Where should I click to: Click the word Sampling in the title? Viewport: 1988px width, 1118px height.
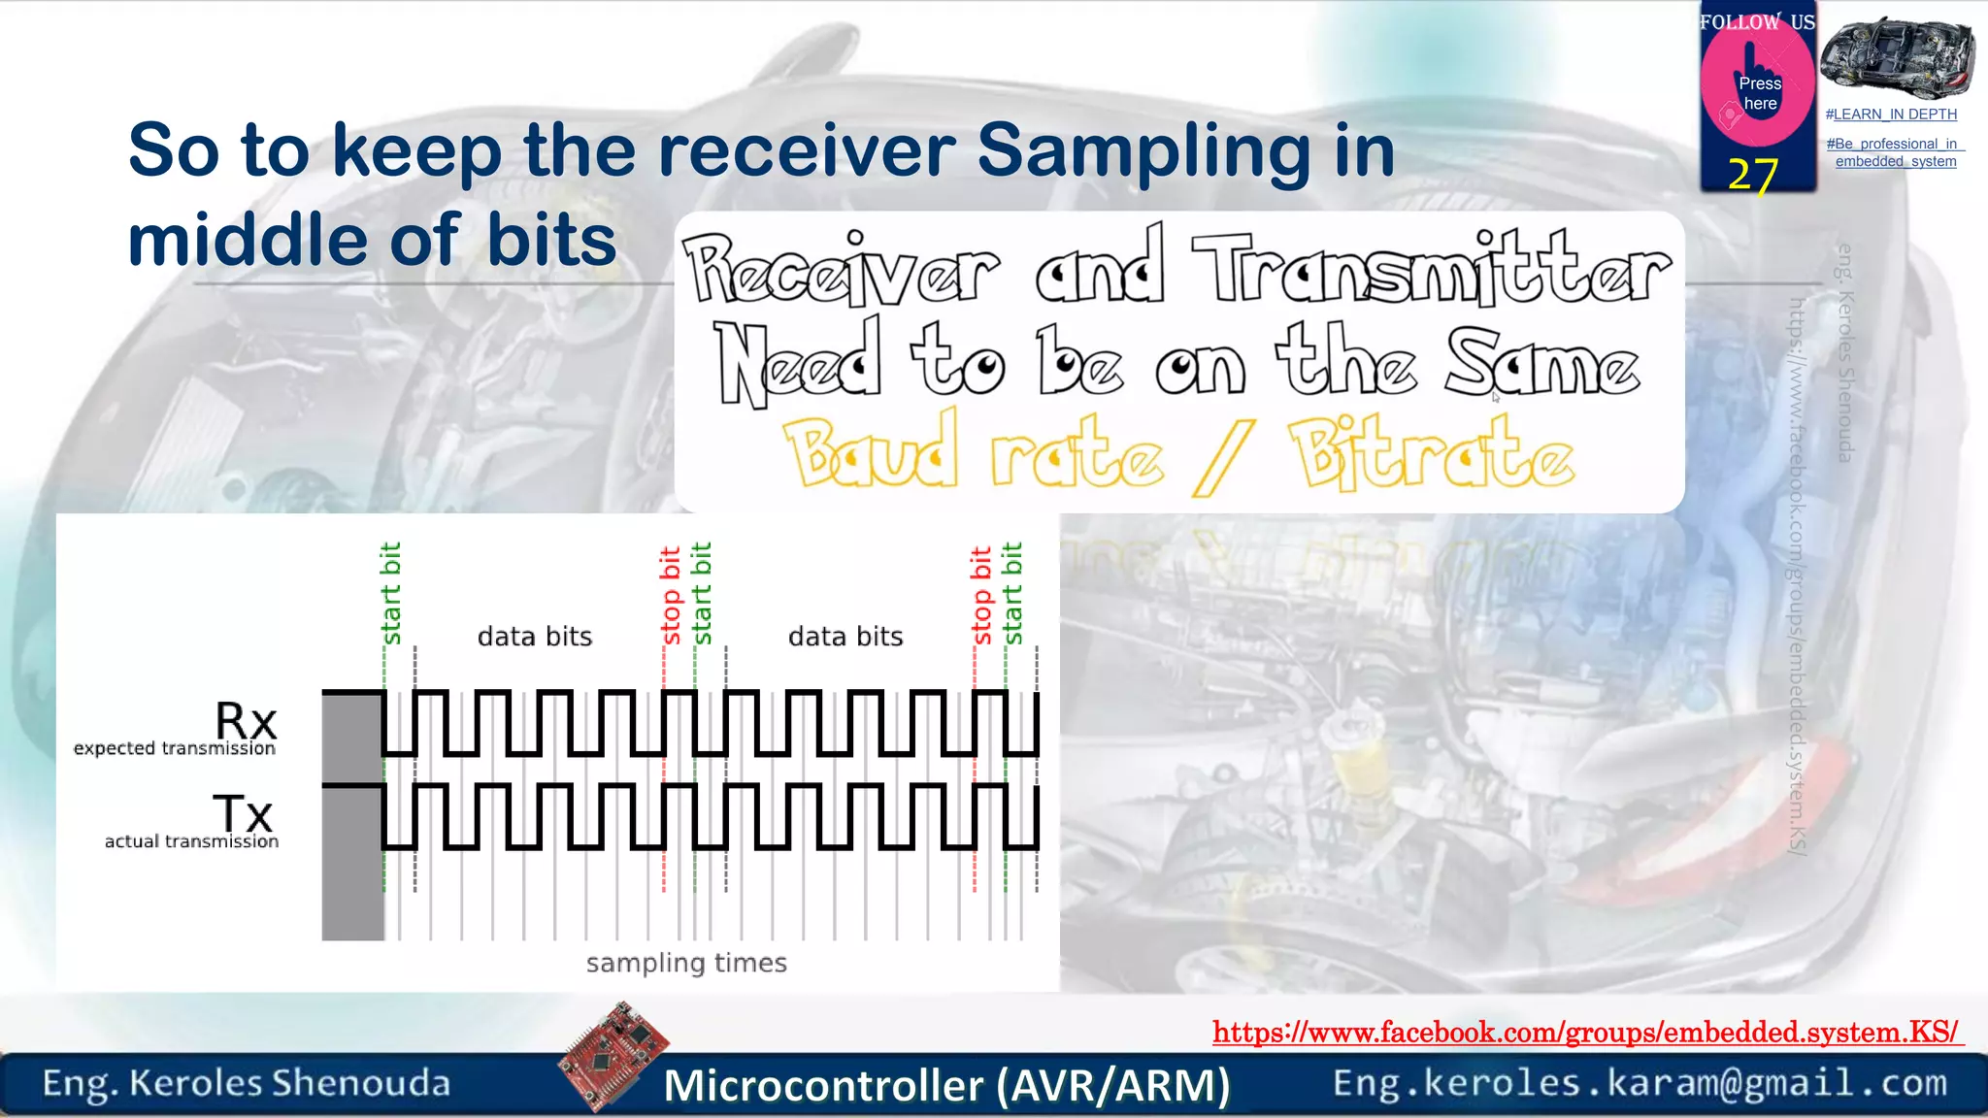(x=1143, y=152)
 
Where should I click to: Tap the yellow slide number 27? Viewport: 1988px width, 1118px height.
(x=1753, y=176)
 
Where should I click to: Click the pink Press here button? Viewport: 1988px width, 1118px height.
(x=1758, y=89)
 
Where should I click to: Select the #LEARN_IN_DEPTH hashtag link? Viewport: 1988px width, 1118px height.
(x=1891, y=115)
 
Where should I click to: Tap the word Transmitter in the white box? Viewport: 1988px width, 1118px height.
(x=1431, y=269)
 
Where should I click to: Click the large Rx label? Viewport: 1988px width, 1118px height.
(x=246, y=721)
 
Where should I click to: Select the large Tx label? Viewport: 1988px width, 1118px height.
(x=243, y=813)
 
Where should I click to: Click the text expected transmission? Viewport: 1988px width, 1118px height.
(x=175, y=748)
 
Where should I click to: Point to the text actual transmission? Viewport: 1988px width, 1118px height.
(x=191, y=841)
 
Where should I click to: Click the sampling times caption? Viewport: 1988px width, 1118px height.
(x=686, y=963)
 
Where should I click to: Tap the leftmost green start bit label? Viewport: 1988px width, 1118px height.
(x=390, y=593)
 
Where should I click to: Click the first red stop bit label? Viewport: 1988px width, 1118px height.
(x=670, y=596)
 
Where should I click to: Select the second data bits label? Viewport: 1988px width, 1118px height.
(x=845, y=637)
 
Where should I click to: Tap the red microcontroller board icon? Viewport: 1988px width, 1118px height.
(x=614, y=1055)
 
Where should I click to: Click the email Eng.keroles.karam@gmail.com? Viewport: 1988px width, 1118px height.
(x=1640, y=1083)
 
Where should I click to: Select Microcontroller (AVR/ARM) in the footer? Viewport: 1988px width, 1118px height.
(x=946, y=1085)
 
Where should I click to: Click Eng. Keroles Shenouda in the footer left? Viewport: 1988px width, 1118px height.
(x=247, y=1083)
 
